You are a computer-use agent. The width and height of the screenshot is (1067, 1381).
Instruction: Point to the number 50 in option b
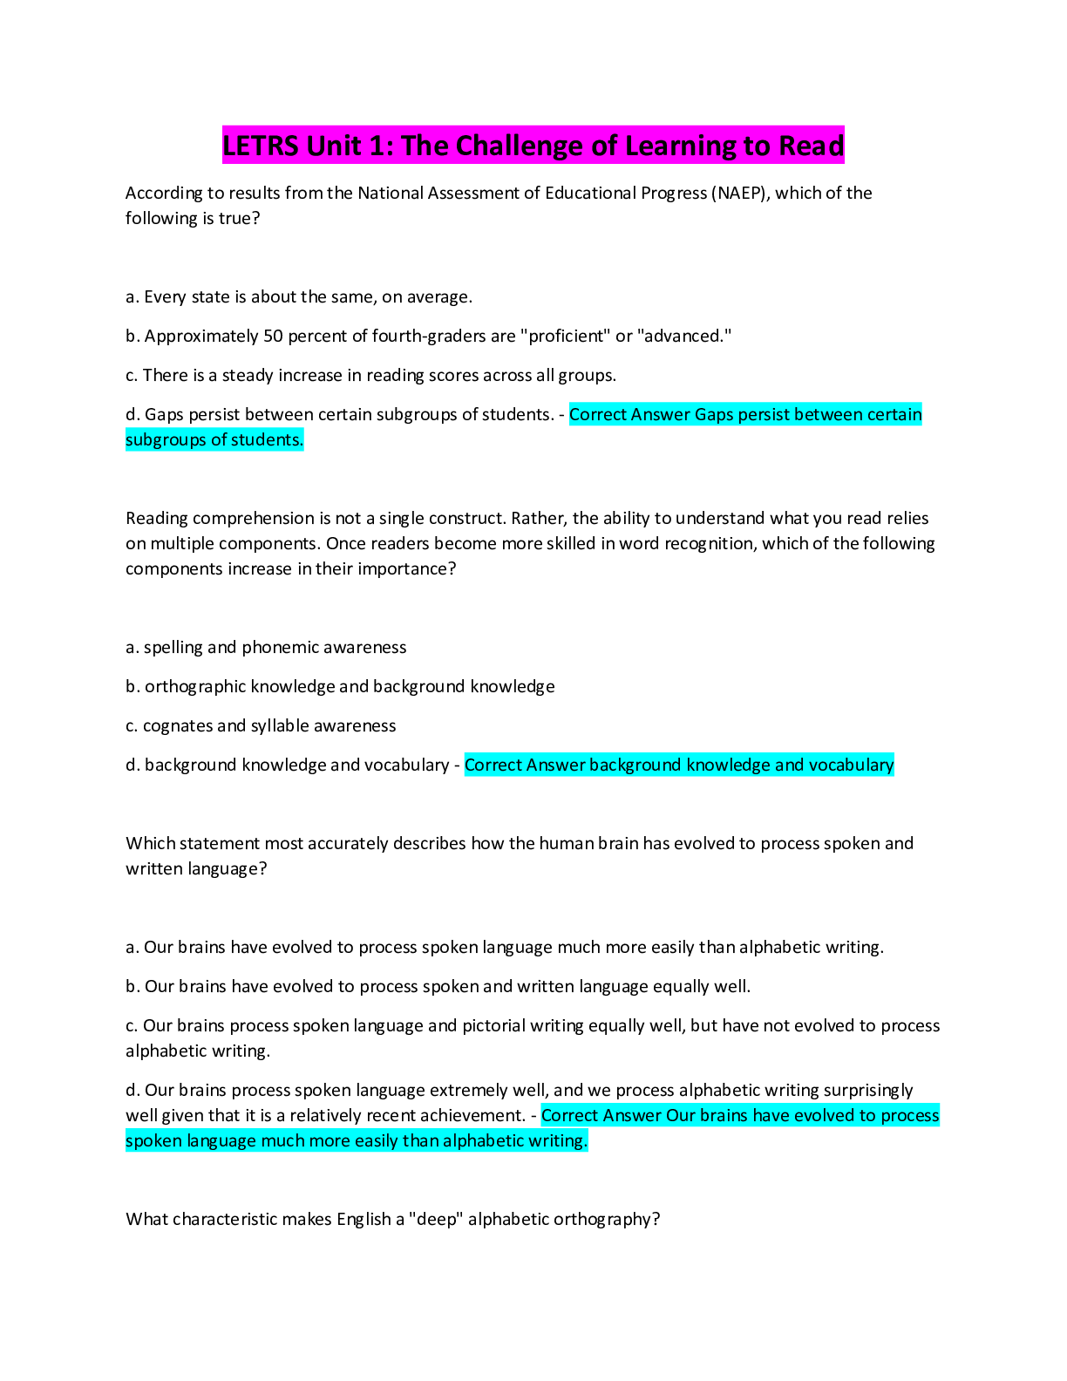[x=273, y=337]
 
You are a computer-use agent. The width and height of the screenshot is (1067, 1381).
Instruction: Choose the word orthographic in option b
[x=195, y=687]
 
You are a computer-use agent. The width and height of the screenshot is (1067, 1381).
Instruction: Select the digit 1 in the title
[x=377, y=146]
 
